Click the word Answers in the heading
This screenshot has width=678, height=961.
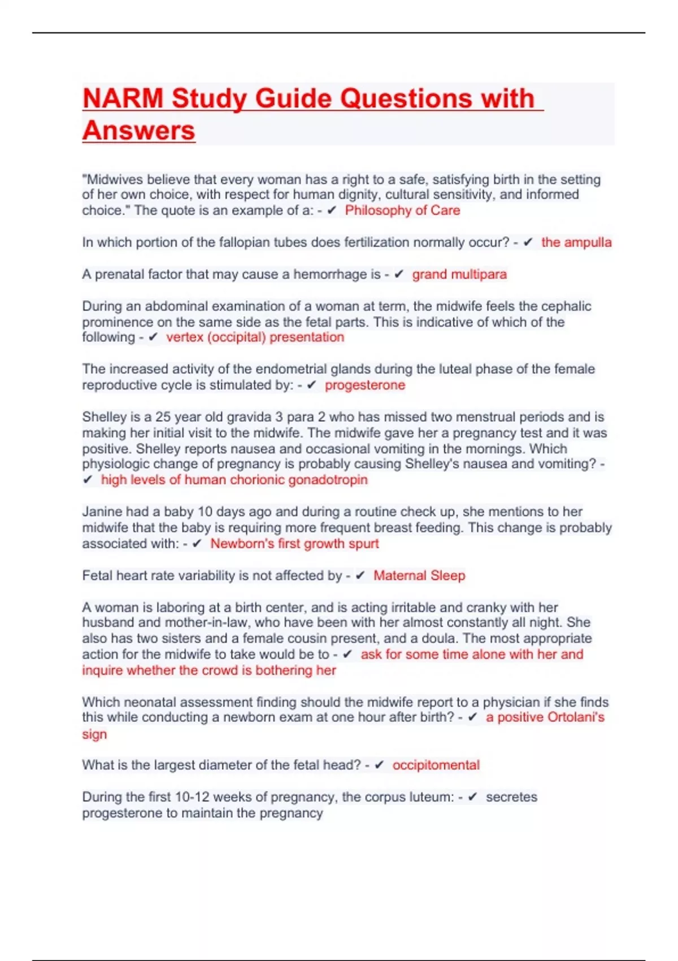point(139,131)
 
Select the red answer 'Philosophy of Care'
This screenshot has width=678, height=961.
point(402,210)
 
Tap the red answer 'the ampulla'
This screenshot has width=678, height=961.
point(576,243)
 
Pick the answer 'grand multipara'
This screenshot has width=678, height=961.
point(459,274)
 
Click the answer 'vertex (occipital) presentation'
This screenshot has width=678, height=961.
point(255,337)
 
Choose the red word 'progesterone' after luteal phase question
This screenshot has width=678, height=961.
point(364,385)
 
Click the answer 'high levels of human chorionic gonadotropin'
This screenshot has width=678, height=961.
point(234,480)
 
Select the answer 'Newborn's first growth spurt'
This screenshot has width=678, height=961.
point(294,544)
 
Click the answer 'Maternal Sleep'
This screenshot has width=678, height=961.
point(419,575)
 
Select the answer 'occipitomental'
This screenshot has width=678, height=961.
point(436,765)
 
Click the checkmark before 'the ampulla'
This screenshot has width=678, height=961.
point(528,243)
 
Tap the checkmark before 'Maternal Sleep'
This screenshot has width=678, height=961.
point(360,575)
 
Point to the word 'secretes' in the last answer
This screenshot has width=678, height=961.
point(511,797)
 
